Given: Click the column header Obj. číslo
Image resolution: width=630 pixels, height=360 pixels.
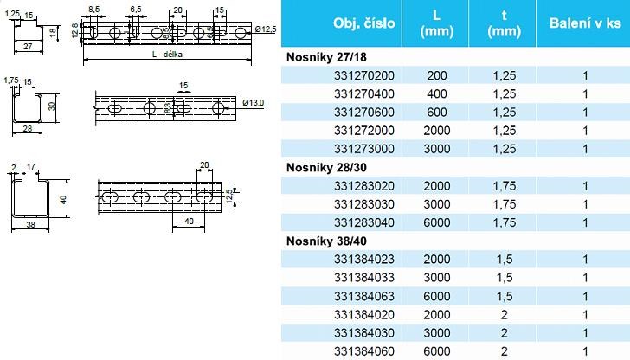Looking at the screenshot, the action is click(x=364, y=22).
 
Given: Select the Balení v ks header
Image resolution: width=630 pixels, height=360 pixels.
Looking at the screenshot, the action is click(x=585, y=22).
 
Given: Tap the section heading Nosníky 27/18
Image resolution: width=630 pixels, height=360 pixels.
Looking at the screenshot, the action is click(x=326, y=57).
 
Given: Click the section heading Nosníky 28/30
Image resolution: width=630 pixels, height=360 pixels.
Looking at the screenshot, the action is click(x=326, y=168).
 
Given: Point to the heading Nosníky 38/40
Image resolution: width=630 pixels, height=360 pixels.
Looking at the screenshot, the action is click(x=326, y=241).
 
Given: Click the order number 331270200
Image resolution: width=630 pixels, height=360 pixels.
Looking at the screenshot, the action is click(x=364, y=75).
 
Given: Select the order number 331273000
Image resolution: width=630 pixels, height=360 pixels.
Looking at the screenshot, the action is click(x=364, y=149).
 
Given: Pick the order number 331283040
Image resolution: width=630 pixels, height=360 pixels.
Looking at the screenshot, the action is click(x=364, y=222).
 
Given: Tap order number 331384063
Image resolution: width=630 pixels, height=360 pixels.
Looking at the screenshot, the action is click(x=364, y=297).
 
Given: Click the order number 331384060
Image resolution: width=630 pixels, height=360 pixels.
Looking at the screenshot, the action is click(x=364, y=351).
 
